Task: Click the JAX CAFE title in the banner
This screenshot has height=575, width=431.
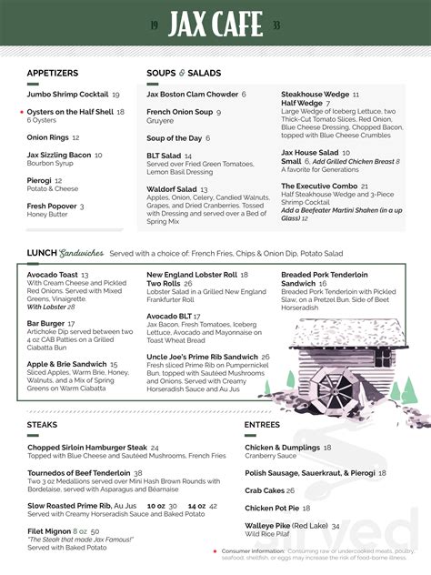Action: tap(215, 24)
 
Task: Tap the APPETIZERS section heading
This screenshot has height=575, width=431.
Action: tap(53, 73)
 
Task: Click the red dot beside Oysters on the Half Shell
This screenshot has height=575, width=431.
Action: tap(20, 112)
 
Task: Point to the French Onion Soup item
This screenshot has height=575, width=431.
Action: tap(179, 112)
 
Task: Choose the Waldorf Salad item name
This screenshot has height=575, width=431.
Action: tap(172, 189)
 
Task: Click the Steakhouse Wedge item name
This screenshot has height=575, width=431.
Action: tap(315, 94)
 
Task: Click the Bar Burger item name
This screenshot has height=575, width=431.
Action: tap(45, 323)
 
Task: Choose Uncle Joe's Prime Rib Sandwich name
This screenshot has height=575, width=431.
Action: tap(202, 357)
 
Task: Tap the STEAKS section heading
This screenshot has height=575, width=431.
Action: tap(43, 424)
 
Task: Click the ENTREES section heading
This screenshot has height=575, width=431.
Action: tap(263, 424)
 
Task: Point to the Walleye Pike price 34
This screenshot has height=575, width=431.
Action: tap(336, 526)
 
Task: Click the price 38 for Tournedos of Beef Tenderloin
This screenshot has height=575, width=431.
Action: tap(138, 473)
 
